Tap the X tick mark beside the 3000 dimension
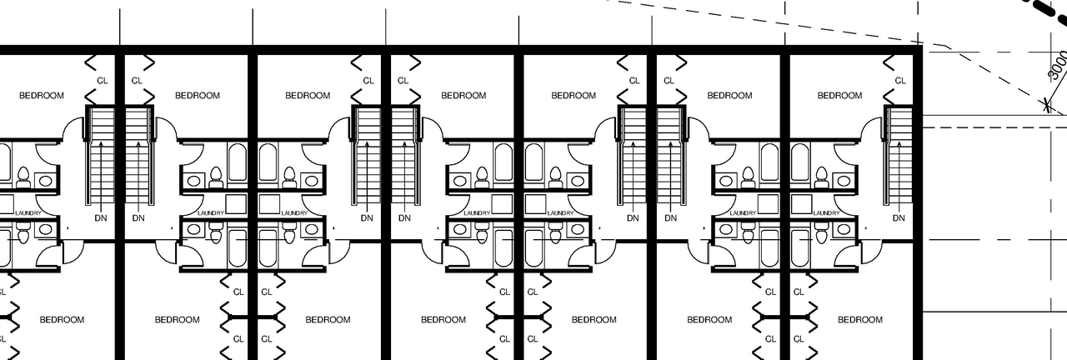pos(1044,105)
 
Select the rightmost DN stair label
pos(899,218)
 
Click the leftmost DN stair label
pos(101,218)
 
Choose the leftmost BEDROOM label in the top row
pos(41,96)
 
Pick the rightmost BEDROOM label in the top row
pos(839,96)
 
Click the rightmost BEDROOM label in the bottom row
pos(859,320)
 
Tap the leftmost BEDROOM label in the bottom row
pos(62,320)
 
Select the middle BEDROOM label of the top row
pos(463,96)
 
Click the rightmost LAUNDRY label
pos(826,213)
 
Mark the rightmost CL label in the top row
pos(900,81)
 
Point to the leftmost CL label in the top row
pos(103,81)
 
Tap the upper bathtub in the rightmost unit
pos(799,162)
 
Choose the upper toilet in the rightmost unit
pos(821,177)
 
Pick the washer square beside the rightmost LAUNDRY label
pos(800,203)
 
